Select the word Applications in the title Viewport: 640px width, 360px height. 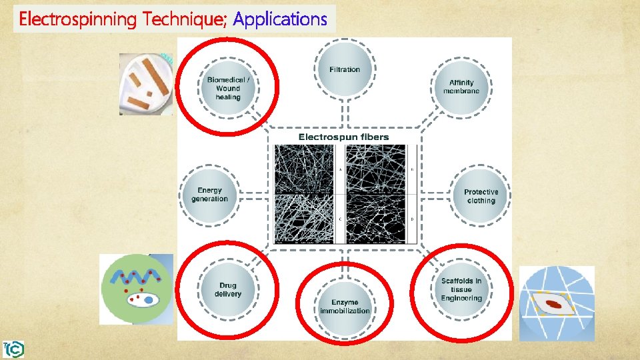click(281, 19)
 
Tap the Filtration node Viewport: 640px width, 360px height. click(345, 69)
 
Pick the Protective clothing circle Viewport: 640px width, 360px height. click(481, 196)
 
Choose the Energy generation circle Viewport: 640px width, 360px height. click(209, 195)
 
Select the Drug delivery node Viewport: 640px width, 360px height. click(228, 289)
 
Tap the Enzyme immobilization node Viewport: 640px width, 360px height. click(345, 306)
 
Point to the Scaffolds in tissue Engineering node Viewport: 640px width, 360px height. click(461, 289)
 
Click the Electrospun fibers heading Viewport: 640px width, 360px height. click(343, 137)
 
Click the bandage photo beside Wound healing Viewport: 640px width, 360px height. click(145, 84)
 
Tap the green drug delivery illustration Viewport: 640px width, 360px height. click(136, 289)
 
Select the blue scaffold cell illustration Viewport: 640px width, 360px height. click(556, 303)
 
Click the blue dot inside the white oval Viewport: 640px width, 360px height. click(149, 301)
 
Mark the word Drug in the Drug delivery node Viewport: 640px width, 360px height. click(228, 285)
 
